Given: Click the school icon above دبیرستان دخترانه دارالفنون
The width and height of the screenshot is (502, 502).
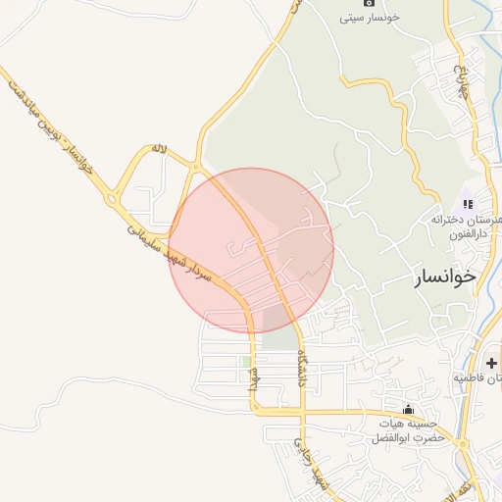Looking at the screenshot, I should point(468,204).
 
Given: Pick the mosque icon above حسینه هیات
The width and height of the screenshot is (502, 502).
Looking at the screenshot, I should point(408,409).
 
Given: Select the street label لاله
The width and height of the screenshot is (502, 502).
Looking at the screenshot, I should point(160,149).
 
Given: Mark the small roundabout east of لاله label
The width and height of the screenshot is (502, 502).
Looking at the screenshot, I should point(198,167).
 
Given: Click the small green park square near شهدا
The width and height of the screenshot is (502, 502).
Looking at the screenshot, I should point(245,362).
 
